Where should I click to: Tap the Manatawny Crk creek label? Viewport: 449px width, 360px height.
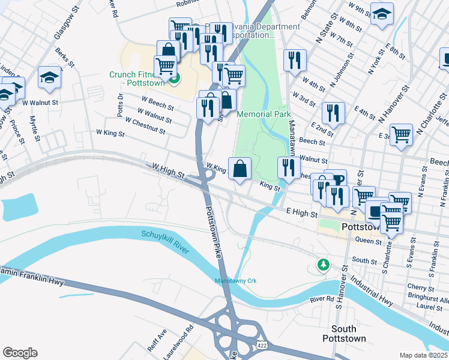tap(236, 281)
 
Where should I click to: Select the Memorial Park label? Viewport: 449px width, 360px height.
tap(264, 114)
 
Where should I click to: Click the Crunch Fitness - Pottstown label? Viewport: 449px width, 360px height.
tap(139, 78)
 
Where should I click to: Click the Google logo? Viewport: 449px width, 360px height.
tap(20, 353)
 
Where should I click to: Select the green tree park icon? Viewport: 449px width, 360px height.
tap(324, 265)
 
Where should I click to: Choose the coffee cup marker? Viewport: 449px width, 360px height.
tap(336, 179)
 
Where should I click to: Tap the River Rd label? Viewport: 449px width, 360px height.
tap(322, 299)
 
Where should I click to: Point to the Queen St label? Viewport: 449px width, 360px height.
tap(368, 241)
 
